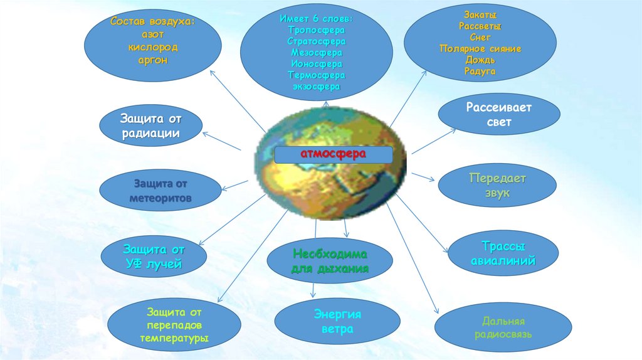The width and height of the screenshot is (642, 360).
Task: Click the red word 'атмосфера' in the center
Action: click(332, 154)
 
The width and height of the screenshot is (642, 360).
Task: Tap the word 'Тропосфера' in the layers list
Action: click(317, 30)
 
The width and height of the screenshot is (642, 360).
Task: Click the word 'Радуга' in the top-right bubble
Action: click(480, 71)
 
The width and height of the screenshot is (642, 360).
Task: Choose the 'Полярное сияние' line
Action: click(480, 49)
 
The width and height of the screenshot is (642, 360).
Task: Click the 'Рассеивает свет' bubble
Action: click(498, 115)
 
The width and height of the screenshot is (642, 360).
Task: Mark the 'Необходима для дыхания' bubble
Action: click(330, 262)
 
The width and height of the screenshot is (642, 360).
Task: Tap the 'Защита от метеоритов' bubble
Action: click(160, 191)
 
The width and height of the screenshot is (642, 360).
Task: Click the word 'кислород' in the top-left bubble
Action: click(153, 48)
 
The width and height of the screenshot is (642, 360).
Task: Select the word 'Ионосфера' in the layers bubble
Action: click(317, 64)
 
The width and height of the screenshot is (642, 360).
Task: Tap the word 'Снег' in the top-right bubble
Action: click(480, 38)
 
